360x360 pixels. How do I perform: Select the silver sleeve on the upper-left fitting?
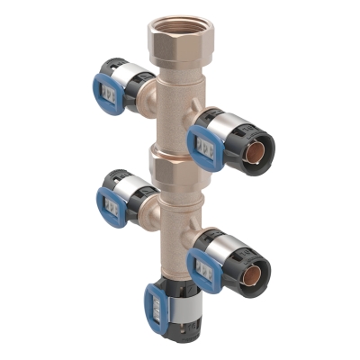pos(128,76)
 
